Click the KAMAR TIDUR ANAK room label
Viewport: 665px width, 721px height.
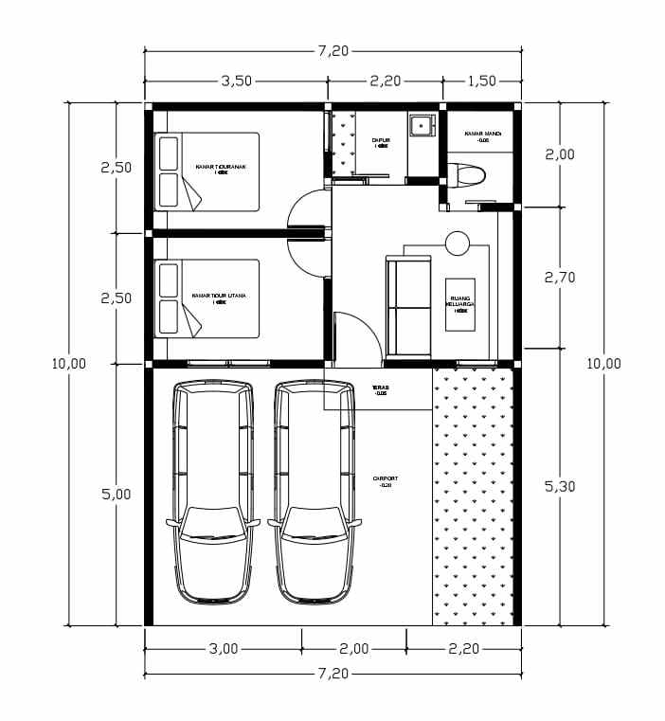[221, 167]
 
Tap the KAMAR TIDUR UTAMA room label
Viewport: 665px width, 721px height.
[219, 297]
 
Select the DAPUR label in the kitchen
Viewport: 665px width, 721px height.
[381, 141]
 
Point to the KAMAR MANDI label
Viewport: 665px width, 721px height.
[482, 135]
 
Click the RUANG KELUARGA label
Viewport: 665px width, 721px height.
[461, 304]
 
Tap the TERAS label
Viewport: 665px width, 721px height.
[381, 388]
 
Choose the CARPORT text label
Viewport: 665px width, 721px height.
[386, 481]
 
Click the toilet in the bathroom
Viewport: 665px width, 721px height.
[469, 175]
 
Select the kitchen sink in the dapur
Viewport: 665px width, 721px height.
[421, 124]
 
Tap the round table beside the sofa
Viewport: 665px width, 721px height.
[458, 243]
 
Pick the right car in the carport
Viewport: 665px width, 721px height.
[316, 492]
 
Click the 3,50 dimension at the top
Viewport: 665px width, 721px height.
[236, 81]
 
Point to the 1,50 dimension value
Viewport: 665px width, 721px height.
[481, 81]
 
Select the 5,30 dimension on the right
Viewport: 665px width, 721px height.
[559, 486]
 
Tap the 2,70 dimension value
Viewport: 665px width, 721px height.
[559, 278]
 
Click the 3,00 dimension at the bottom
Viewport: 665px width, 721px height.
[224, 649]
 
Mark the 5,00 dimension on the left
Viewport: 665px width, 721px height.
[116, 494]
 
